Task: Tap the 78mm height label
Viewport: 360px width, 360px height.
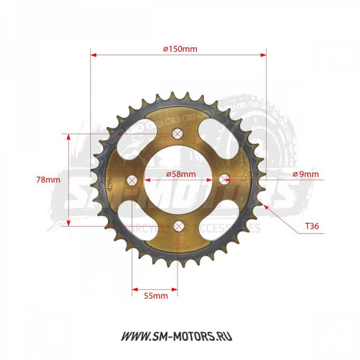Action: [x=48, y=179]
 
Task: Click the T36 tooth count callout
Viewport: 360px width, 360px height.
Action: [x=313, y=227]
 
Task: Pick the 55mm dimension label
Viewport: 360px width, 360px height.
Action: [x=156, y=296]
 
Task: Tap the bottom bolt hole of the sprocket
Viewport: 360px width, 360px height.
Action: [x=179, y=225]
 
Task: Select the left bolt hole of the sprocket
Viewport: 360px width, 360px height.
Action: [x=132, y=180]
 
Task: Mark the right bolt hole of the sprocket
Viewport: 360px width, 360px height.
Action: [x=224, y=179]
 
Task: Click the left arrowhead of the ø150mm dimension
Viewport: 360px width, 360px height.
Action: [x=94, y=55]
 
